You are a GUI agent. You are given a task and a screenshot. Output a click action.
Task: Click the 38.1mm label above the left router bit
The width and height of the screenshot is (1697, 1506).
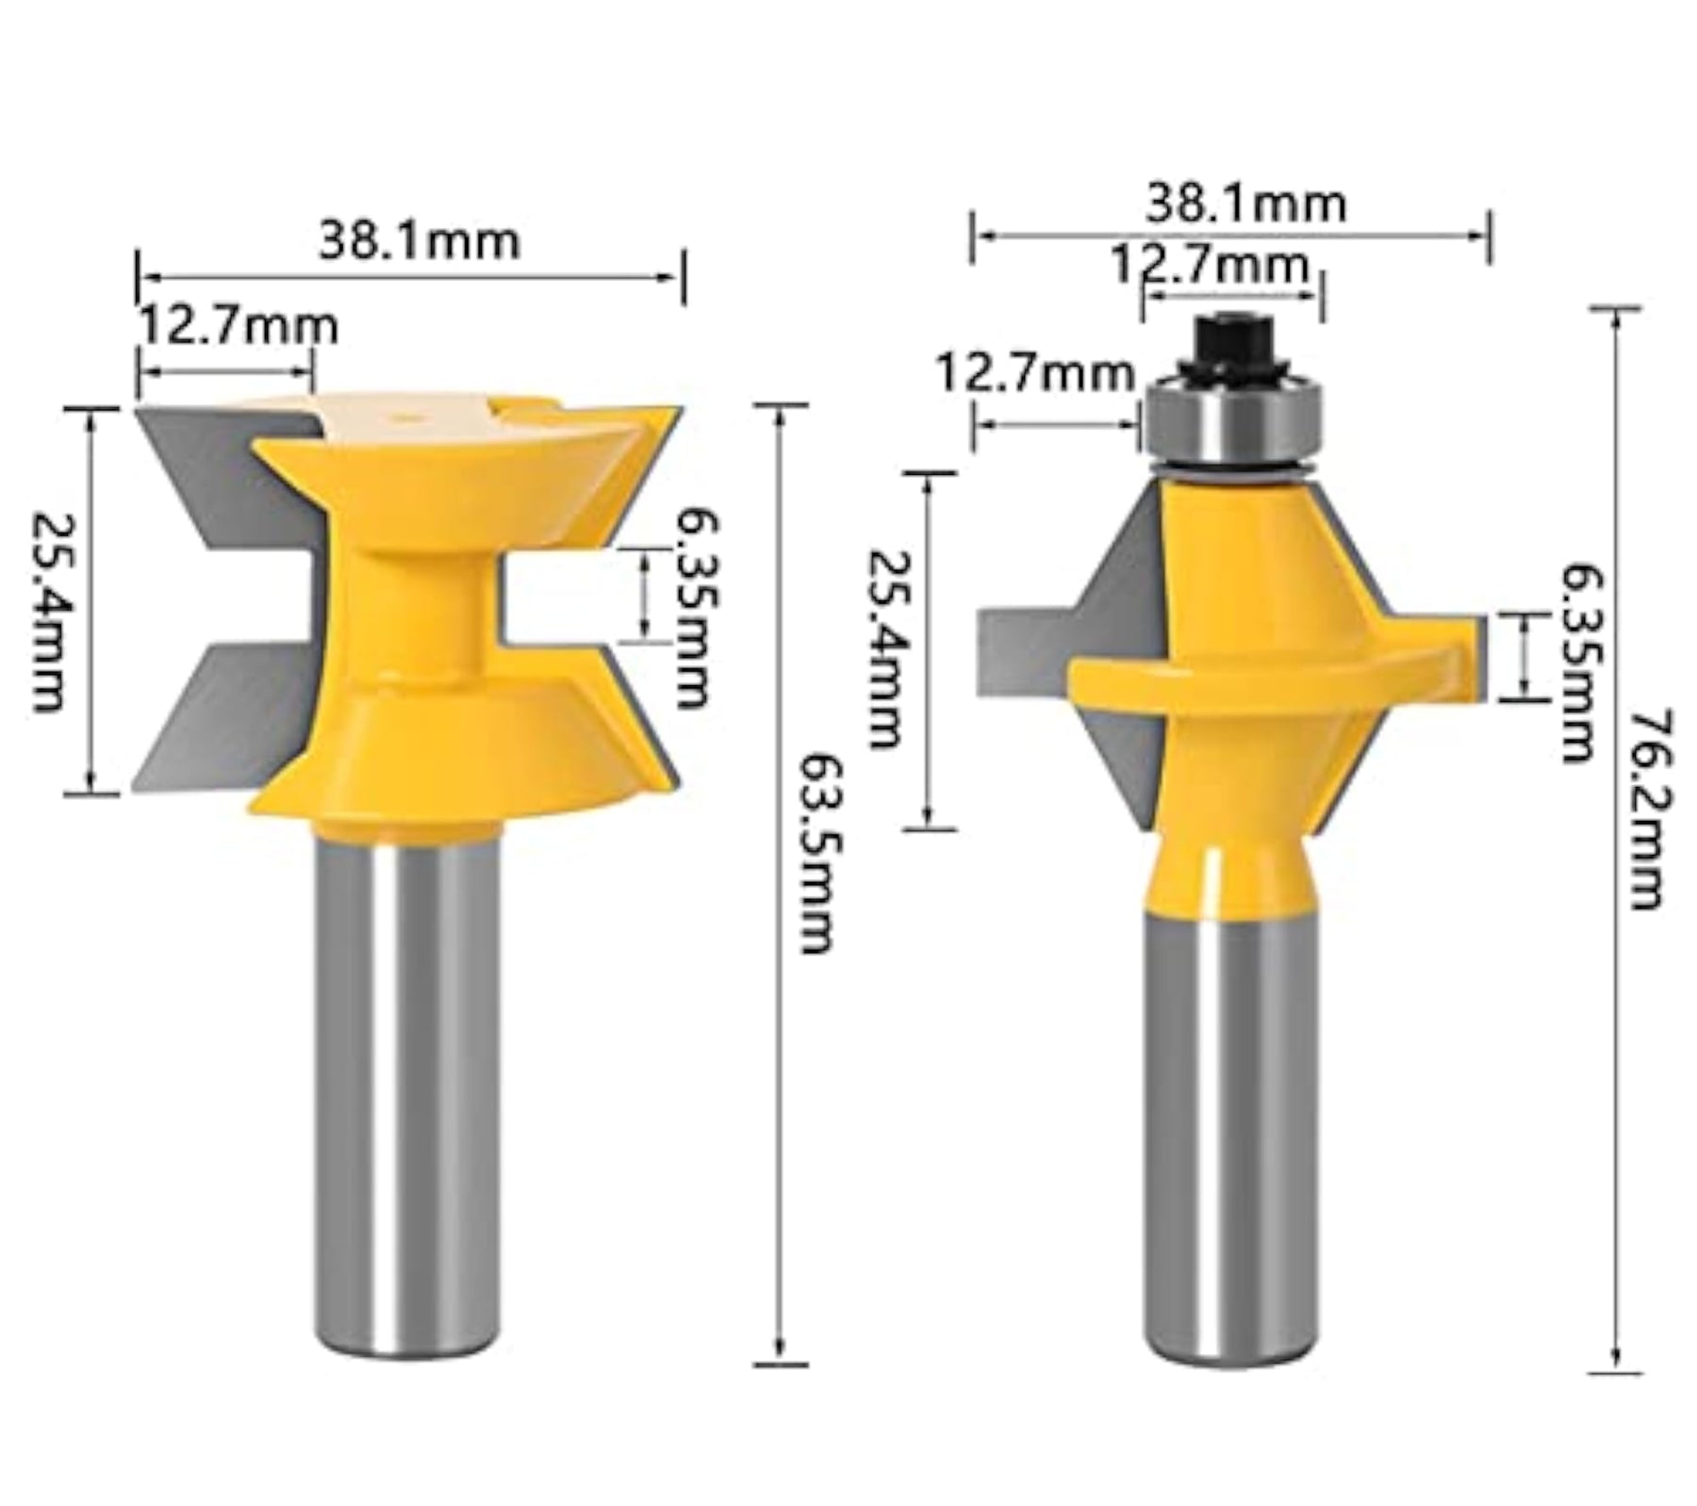pyautogui.click(x=419, y=240)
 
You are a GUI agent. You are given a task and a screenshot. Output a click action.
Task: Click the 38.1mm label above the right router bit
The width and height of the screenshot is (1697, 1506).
pyautogui.click(x=1245, y=204)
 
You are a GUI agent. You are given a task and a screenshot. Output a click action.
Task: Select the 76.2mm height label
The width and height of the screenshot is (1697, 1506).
pyautogui.click(x=1647, y=810)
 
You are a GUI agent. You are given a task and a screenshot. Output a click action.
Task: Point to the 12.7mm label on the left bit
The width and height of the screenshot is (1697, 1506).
pyautogui.click(x=239, y=327)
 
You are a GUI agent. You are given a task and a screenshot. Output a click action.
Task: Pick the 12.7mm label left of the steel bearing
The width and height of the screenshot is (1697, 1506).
pyautogui.click(x=1034, y=373)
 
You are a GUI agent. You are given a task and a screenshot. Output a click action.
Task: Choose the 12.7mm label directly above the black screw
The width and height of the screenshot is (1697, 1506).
pyautogui.click(x=1211, y=265)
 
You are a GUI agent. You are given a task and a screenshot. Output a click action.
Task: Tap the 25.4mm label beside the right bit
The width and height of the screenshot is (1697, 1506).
pyautogui.click(x=884, y=649)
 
